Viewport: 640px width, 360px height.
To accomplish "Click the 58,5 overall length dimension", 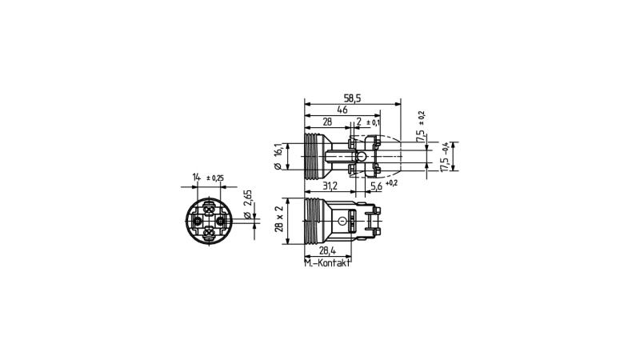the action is [353, 98].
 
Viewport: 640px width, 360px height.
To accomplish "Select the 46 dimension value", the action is [342, 110].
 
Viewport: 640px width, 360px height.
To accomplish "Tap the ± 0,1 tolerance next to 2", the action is [373, 122].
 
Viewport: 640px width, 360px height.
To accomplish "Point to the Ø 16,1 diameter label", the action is [278, 156].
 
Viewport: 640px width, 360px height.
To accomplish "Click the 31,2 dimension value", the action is [330, 186].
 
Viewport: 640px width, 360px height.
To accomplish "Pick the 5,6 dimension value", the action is [376, 186].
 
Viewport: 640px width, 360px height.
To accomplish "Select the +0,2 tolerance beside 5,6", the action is [391, 183].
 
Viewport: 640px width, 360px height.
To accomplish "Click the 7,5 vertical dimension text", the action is [421, 136].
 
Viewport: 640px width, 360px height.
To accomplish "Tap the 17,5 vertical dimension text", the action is [445, 163].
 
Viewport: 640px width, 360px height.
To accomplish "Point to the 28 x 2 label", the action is [279, 219].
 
